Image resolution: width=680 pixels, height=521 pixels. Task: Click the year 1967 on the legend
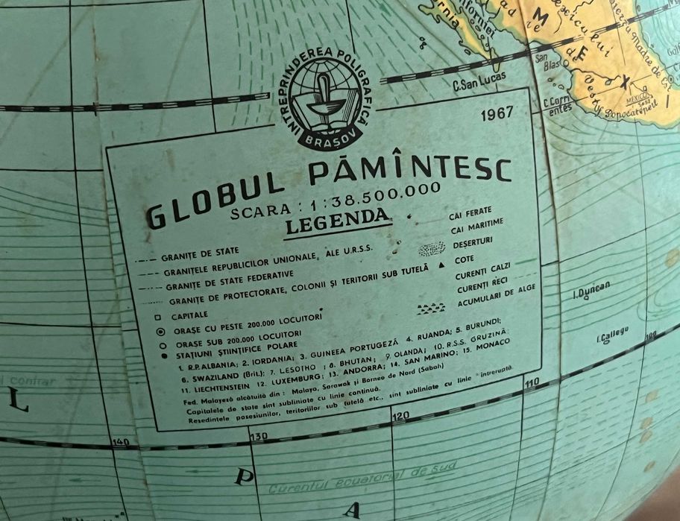tap(497, 114)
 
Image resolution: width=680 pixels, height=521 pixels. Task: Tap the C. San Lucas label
tap(479, 79)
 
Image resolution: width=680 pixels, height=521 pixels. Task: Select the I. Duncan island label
tap(591, 288)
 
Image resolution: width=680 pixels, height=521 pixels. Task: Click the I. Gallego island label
tap(612, 335)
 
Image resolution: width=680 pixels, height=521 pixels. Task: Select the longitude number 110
tap(532, 382)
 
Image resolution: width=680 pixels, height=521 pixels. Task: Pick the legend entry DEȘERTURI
tap(475, 244)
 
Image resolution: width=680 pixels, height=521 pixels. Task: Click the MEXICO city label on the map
tap(638, 97)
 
